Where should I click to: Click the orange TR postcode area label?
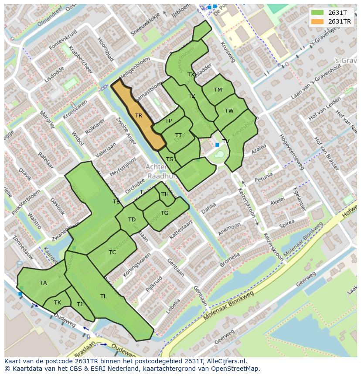click(x=139, y=116)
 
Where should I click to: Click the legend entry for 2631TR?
click(x=340, y=21)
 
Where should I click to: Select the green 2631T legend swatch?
click(x=317, y=13)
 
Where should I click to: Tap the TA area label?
click(x=44, y=283)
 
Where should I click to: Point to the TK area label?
click(x=58, y=303)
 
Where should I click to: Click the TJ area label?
click(x=79, y=304)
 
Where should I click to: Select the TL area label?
click(x=103, y=297)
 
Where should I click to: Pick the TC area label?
click(x=112, y=252)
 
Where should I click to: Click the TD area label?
click(x=132, y=220)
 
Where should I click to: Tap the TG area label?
click(x=164, y=213)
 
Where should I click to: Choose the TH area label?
click(x=165, y=194)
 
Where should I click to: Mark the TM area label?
click(x=218, y=90)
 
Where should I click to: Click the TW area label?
click(x=229, y=111)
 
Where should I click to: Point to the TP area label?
click(x=168, y=121)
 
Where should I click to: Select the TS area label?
click(x=170, y=159)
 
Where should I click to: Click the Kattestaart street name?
click(x=181, y=229)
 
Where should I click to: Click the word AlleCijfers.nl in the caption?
click(x=227, y=361)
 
